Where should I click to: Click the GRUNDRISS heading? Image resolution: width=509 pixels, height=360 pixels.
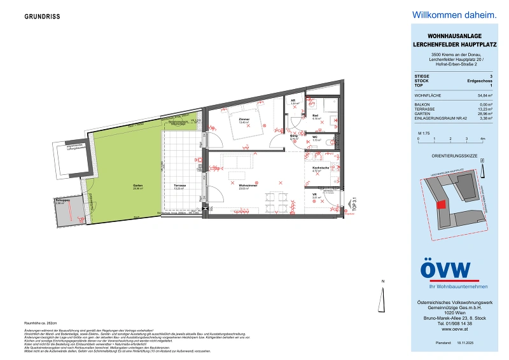coord(42,17)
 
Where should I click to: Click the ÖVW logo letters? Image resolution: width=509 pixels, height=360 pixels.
coord(445,269)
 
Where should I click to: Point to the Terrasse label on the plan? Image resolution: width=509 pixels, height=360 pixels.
coord(179,186)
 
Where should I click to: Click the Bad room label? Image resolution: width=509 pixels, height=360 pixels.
coord(316,116)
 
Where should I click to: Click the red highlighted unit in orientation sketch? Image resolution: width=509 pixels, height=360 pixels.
coord(440,204)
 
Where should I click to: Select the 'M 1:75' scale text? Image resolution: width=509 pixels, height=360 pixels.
coord(423,132)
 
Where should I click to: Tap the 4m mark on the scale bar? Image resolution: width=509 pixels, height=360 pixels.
coord(483,138)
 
